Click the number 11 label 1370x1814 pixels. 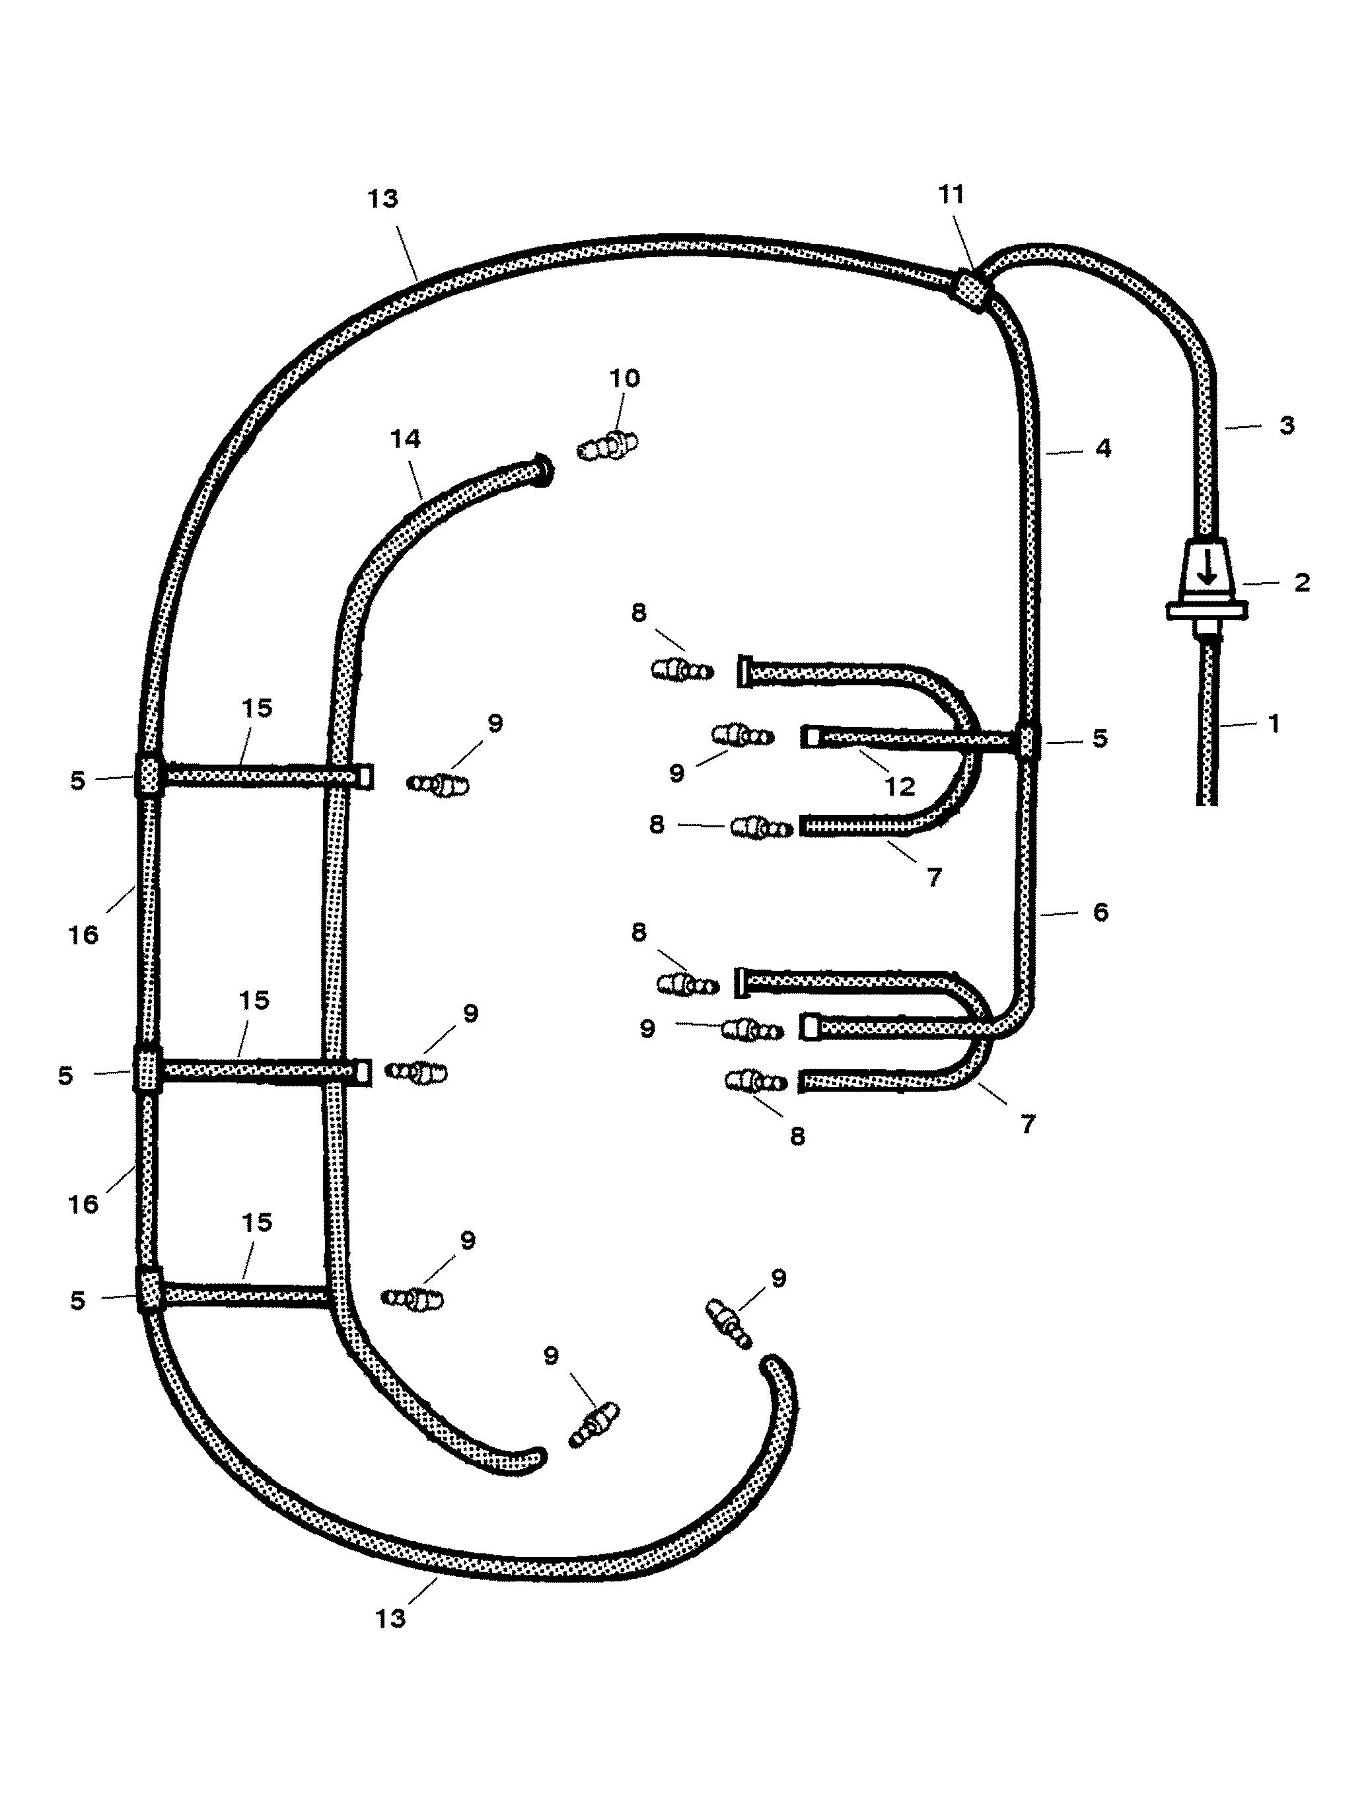951,195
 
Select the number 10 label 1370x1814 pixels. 625,379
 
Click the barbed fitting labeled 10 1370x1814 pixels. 608,446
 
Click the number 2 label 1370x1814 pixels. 1302,583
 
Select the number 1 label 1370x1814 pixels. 1274,724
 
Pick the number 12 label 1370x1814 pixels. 900,786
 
